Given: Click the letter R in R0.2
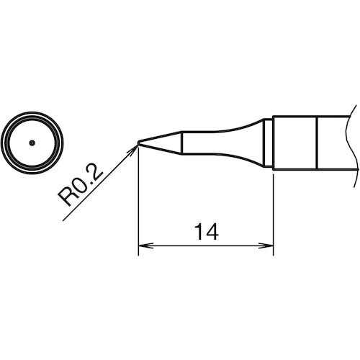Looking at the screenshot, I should [68, 198].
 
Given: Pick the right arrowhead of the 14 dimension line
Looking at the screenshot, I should [269, 246].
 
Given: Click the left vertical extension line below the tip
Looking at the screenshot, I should [138, 209].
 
